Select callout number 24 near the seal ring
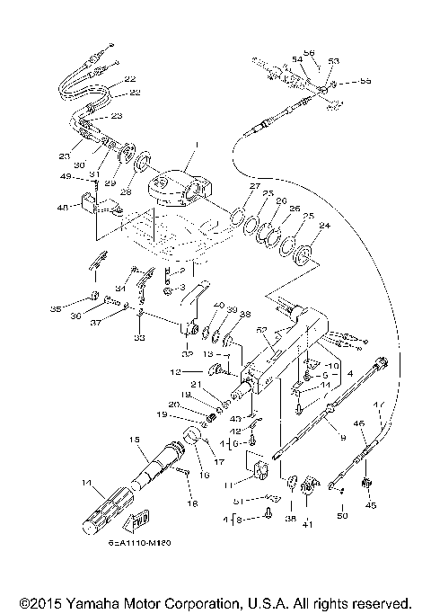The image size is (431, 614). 325,227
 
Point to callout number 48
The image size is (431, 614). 63,208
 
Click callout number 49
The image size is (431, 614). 66,176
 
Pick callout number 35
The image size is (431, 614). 56,308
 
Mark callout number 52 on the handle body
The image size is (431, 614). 262,330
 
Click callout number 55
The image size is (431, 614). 365,81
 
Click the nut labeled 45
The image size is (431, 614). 365,485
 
